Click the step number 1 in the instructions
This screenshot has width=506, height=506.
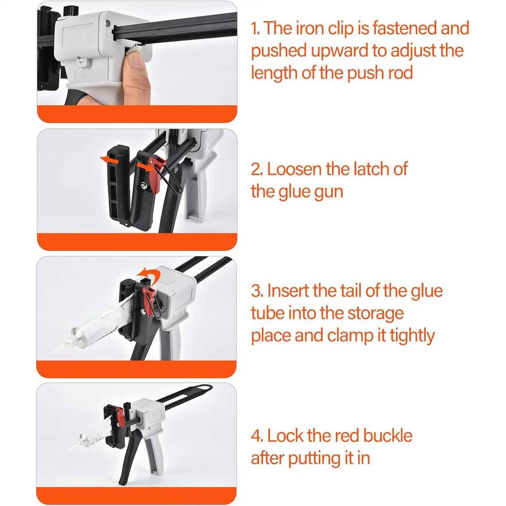click(x=255, y=28)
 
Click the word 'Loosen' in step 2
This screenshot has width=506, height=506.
click(x=294, y=169)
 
